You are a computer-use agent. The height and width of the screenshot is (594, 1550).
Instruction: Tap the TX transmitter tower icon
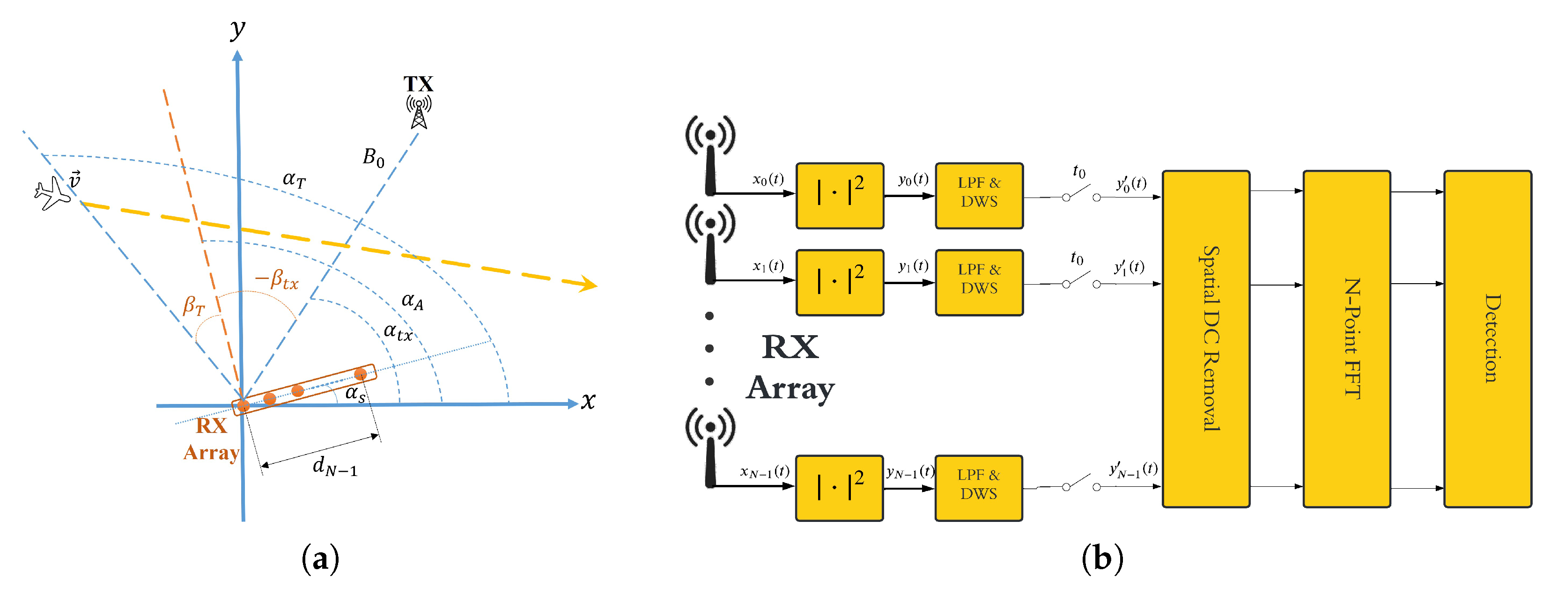[419, 111]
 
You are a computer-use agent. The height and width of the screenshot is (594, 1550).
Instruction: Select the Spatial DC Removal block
[1206, 339]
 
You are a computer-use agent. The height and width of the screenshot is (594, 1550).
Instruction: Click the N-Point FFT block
[1347, 339]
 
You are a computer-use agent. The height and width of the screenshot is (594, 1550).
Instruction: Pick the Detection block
[1487, 339]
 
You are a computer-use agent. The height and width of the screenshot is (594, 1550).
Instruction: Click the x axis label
[588, 401]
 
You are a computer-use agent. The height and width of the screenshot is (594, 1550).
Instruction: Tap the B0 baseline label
[373, 158]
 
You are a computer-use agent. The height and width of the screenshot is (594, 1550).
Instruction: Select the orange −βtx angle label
[277, 279]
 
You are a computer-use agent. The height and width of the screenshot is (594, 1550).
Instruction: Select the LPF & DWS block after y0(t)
[979, 195]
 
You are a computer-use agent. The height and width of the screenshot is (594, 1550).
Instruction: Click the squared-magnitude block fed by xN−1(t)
[839, 488]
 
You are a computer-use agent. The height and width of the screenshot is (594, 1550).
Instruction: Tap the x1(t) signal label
[768, 266]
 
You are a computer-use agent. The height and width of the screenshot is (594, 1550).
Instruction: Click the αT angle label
[294, 179]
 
